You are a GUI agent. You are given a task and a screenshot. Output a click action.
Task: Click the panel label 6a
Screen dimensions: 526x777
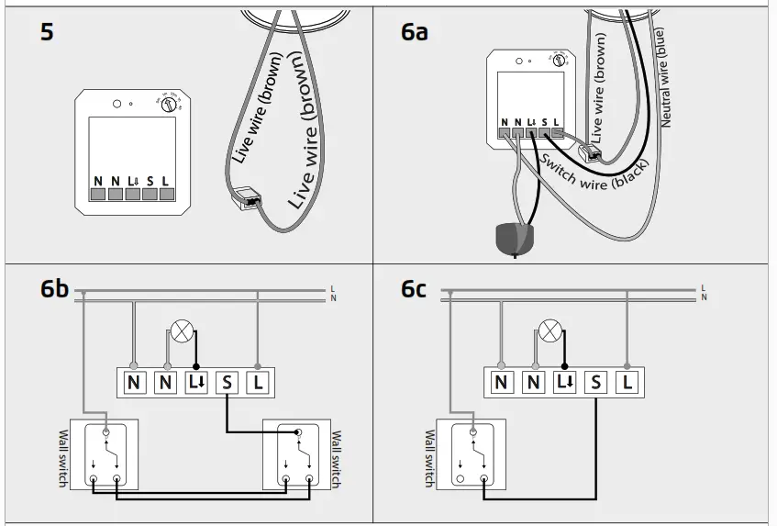[x=415, y=32]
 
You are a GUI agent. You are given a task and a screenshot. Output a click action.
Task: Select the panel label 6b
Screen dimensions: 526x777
[x=54, y=290]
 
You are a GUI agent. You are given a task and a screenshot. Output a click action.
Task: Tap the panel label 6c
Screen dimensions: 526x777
[x=415, y=290]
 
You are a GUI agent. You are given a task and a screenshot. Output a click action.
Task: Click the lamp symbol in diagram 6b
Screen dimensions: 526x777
[x=182, y=331]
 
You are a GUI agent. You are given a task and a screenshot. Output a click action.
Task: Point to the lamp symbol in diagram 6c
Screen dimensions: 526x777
[x=549, y=331]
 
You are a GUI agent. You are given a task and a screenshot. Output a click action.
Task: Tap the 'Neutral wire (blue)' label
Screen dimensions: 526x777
[x=665, y=77]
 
